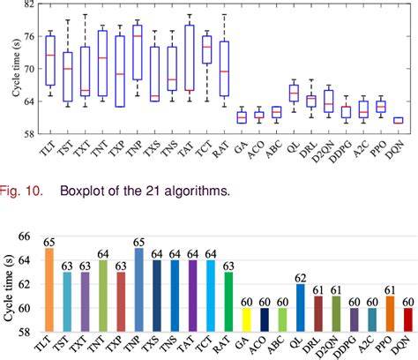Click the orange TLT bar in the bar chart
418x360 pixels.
click(49, 290)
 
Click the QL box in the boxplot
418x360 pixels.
click(294, 94)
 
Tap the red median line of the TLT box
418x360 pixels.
click(50, 56)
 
